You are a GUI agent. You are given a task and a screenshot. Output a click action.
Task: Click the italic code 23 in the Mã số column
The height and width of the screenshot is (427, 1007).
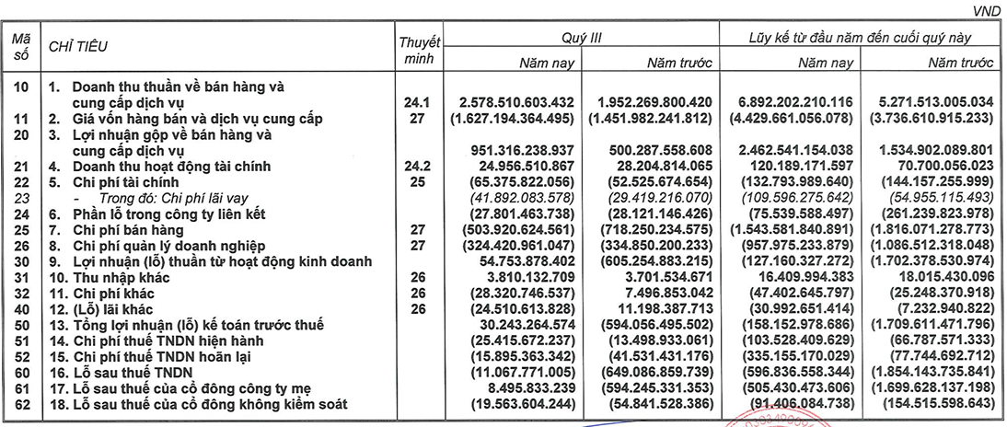21,197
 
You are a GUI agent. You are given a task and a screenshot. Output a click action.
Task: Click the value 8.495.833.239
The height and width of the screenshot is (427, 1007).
532,388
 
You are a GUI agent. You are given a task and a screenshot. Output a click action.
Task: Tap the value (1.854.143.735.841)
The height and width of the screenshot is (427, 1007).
929,373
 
